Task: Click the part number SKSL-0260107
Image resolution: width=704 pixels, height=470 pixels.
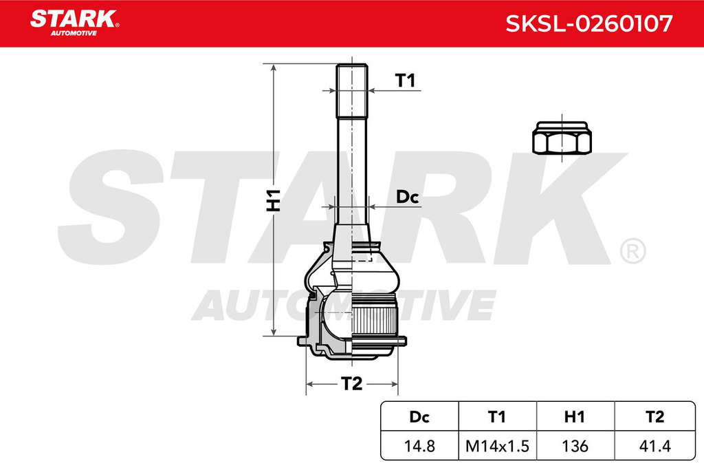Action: (589, 23)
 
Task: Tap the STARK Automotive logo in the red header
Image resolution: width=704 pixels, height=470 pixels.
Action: (74, 23)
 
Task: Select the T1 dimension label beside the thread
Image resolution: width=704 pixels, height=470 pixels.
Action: (405, 81)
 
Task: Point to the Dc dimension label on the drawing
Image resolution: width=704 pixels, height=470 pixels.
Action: (407, 197)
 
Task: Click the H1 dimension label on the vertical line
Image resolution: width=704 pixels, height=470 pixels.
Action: (274, 200)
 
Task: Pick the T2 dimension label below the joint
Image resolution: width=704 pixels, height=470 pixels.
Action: (351, 384)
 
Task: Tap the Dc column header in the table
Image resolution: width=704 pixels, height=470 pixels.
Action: (419, 416)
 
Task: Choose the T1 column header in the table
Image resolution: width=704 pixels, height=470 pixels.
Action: (497, 416)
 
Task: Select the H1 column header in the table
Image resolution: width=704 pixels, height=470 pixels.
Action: (575, 416)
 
